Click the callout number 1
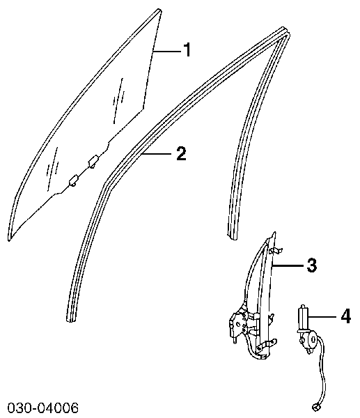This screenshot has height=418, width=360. tap(187, 50)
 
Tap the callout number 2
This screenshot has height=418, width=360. tap(181, 153)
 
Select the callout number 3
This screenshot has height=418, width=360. tap(311, 265)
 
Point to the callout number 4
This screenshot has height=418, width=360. tap(346, 316)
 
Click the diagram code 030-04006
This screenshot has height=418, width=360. tap(43, 408)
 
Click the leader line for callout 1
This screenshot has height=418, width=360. tap(167, 50)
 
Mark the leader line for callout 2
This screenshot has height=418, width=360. tap(157, 153)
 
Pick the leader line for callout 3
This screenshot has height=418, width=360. tap(288, 265)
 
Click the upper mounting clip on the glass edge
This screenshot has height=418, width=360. tap(93, 162)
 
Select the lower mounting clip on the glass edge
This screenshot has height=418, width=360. tap(73, 180)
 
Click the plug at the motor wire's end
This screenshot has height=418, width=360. tap(315, 407)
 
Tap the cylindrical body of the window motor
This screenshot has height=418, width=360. tap(303, 318)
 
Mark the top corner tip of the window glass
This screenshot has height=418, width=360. tap(159, 10)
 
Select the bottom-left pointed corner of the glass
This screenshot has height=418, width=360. tap(10, 240)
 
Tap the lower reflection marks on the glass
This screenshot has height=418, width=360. tap(52, 169)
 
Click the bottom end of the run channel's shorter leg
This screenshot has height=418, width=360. tap(233, 236)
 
